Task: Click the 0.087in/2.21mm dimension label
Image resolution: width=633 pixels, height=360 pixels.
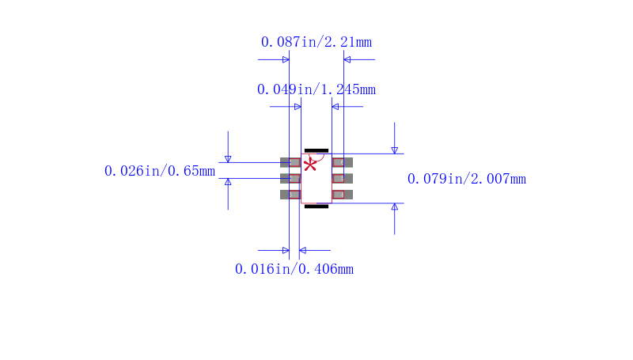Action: [316, 42]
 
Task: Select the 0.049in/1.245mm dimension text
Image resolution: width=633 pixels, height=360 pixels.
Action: [316, 89]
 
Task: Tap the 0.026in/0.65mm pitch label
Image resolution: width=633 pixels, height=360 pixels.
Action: [160, 171]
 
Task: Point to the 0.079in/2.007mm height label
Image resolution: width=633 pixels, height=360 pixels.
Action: [466, 179]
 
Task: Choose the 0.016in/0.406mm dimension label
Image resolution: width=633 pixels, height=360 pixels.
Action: [294, 269]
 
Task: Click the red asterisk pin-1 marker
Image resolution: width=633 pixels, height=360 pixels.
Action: [310, 165]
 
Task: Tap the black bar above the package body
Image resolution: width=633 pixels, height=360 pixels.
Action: [316, 150]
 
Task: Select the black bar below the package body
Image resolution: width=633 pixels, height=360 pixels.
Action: [316, 207]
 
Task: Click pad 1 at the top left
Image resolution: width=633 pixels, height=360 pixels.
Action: [290, 162]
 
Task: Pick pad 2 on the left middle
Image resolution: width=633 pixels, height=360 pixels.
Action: [290, 178]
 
